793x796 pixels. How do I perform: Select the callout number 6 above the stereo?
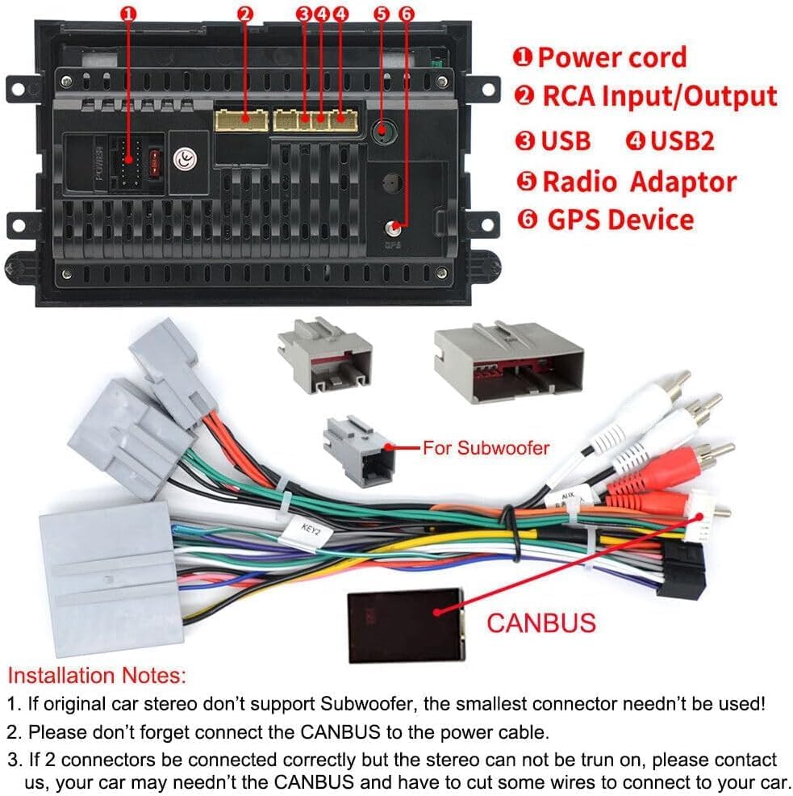[x=406, y=14]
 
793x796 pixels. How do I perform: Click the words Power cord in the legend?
[x=611, y=57]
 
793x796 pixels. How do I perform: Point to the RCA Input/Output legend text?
[x=658, y=96]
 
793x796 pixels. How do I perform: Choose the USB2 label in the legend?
[x=682, y=140]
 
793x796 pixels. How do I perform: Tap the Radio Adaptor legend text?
[x=638, y=181]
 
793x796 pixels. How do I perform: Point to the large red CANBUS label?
[x=540, y=622]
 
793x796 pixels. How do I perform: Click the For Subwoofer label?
[x=486, y=447]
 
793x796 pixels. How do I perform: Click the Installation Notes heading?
[x=97, y=674]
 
